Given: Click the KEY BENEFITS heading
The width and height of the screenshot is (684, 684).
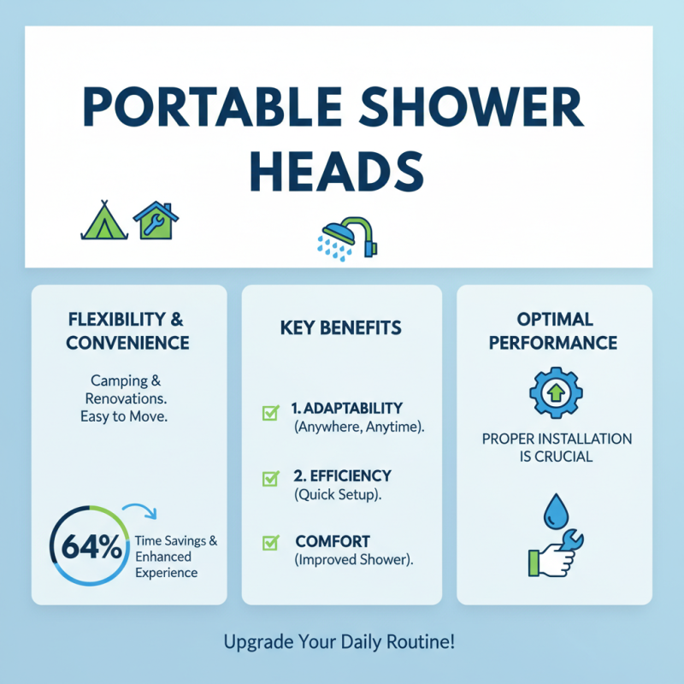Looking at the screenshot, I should tap(341, 328).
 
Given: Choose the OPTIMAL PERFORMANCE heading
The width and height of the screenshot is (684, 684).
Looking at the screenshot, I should tap(555, 330).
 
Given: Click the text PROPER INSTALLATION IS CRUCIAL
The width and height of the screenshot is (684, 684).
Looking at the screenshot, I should tap(556, 447).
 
